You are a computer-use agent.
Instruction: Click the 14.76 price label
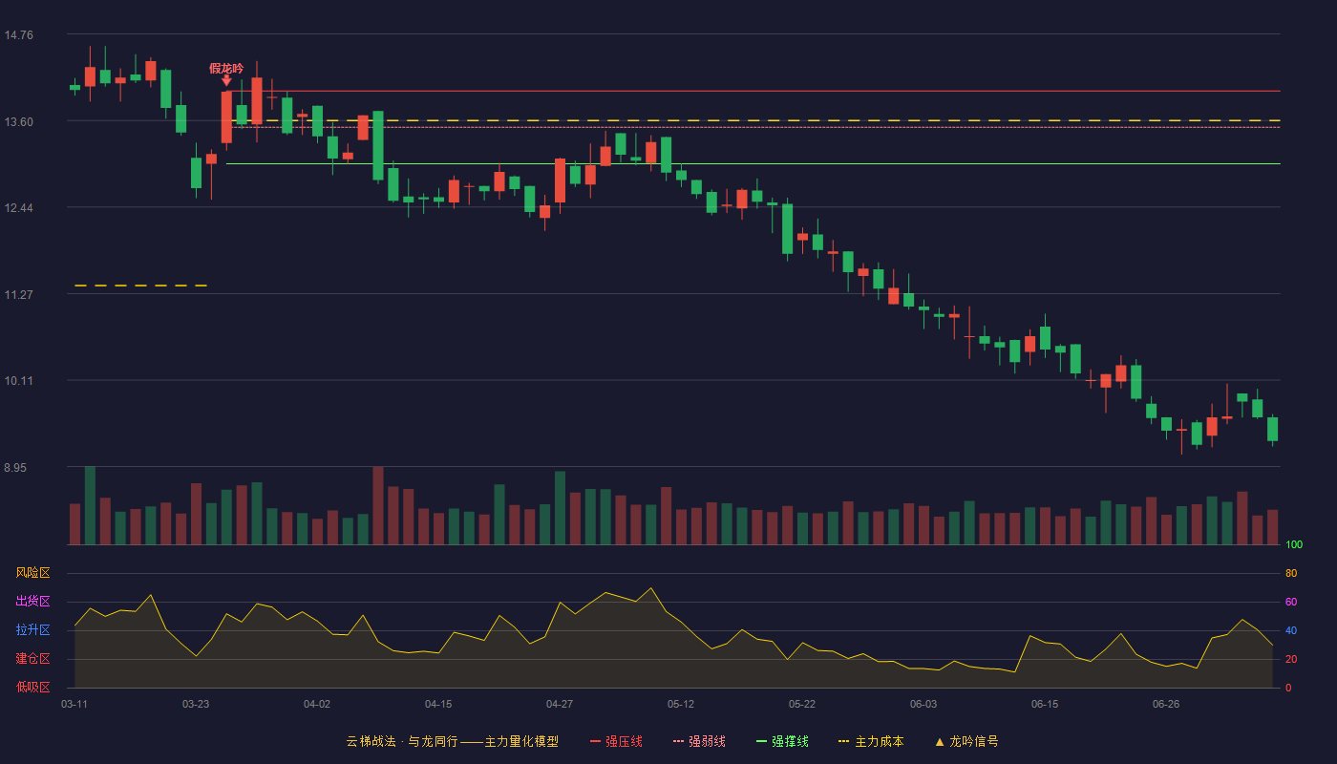click(18, 35)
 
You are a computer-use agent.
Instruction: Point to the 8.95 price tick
click(15, 468)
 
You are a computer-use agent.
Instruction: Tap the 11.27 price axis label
click(18, 295)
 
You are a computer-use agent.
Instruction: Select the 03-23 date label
click(196, 705)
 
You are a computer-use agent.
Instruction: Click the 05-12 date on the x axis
click(681, 705)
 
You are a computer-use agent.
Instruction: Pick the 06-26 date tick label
click(1166, 705)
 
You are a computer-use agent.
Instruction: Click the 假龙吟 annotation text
click(226, 69)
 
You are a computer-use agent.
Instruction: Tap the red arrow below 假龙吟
click(226, 80)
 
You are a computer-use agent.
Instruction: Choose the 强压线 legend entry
click(616, 742)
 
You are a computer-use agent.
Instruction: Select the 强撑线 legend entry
click(782, 742)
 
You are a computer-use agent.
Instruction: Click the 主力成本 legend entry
click(871, 742)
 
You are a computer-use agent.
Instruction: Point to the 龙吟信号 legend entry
click(966, 742)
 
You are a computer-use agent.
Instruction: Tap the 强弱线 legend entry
click(699, 742)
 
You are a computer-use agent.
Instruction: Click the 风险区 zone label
click(32, 573)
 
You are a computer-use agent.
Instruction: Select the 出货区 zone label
click(32, 601)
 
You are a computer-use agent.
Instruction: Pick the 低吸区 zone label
click(32, 687)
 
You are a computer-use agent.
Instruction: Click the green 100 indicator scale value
click(1294, 545)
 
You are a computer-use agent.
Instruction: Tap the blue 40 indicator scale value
click(1291, 631)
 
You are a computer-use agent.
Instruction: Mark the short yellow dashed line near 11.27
click(141, 286)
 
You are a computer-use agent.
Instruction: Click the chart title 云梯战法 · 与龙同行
click(402, 742)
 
